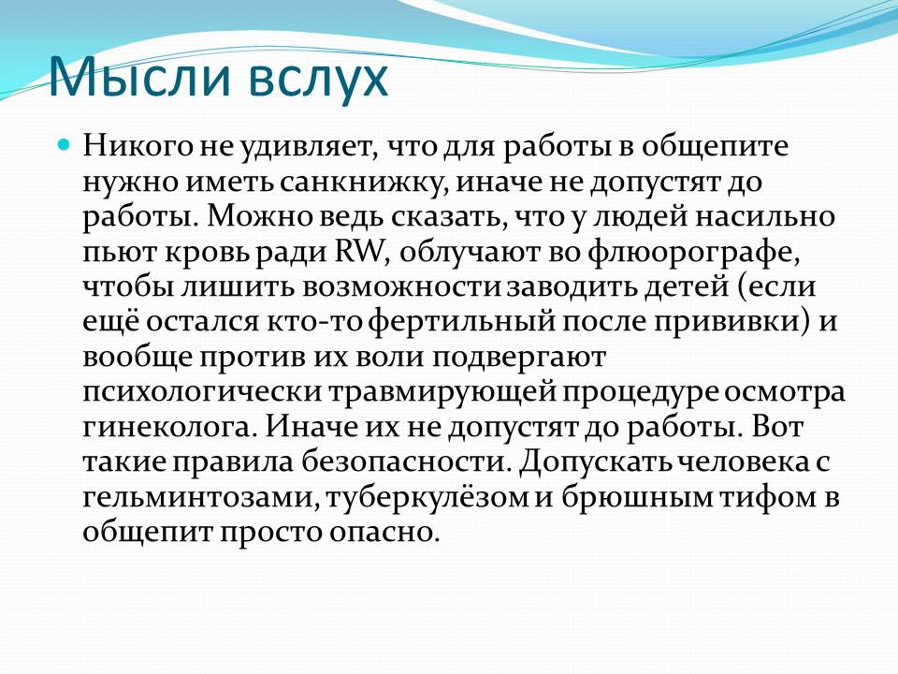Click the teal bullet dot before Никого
[x=65, y=143]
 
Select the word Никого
[x=138, y=147]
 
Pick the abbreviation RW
[x=358, y=252]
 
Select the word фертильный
[x=461, y=323]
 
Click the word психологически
[x=204, y=393]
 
